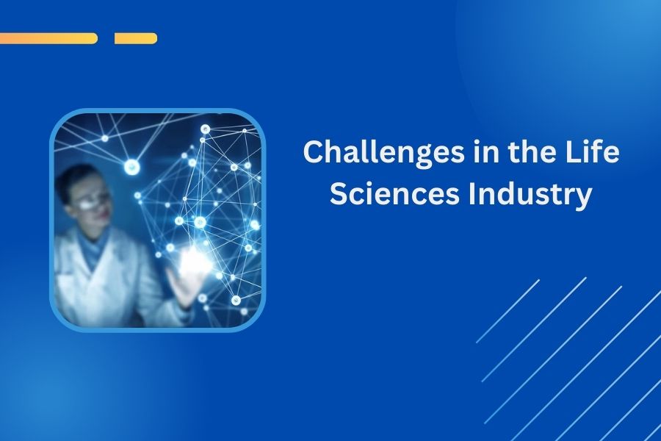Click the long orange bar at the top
pyautogui.click(x=48, y=38)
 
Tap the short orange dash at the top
pyautogui.click(x=136, y=38)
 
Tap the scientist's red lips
pyautogui.click(x=103, y=220)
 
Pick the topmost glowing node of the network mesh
pyautogui.click(x=206, y=129)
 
